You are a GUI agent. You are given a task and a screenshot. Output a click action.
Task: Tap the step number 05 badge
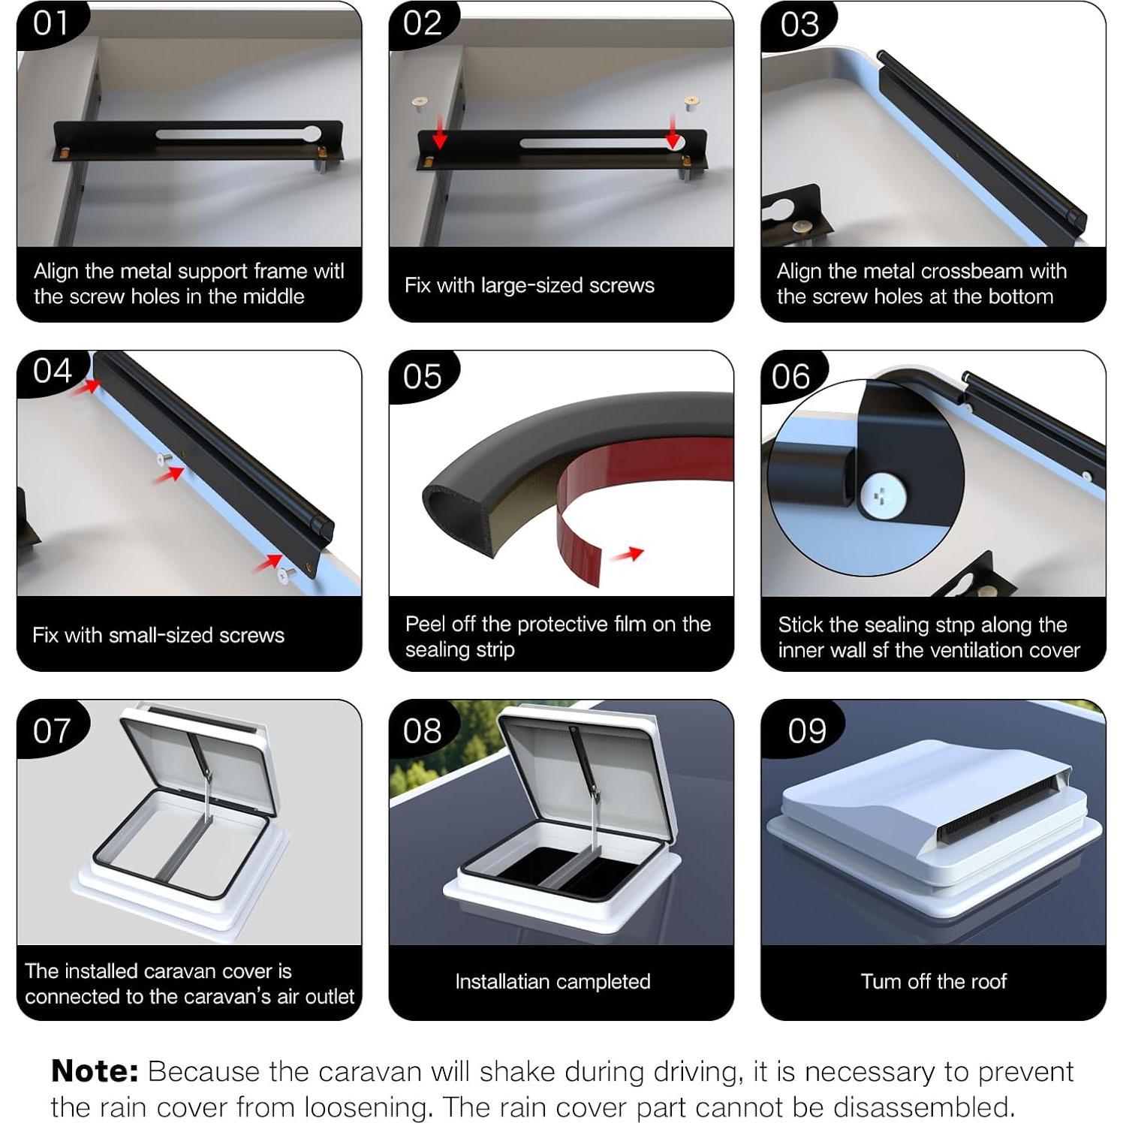[422, 375]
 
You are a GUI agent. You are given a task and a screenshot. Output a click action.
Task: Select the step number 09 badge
[806, 730]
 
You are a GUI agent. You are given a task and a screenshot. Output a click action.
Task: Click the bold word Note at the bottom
[95, 1071]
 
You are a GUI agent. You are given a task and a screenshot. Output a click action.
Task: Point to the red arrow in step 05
[628, 554]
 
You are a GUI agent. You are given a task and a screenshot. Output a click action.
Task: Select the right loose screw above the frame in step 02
[691, 103]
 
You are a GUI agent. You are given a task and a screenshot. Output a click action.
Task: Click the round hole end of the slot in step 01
[310, 135]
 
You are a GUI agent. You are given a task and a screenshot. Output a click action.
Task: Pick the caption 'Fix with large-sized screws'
[529, 285]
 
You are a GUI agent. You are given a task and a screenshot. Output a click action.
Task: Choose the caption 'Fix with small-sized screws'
[158, 635]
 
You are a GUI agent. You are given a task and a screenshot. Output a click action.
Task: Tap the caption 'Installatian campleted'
[552, 981]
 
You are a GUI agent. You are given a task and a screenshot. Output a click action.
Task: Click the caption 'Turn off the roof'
[934, 981]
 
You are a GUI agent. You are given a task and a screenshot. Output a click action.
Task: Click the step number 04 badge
[52, 371]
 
